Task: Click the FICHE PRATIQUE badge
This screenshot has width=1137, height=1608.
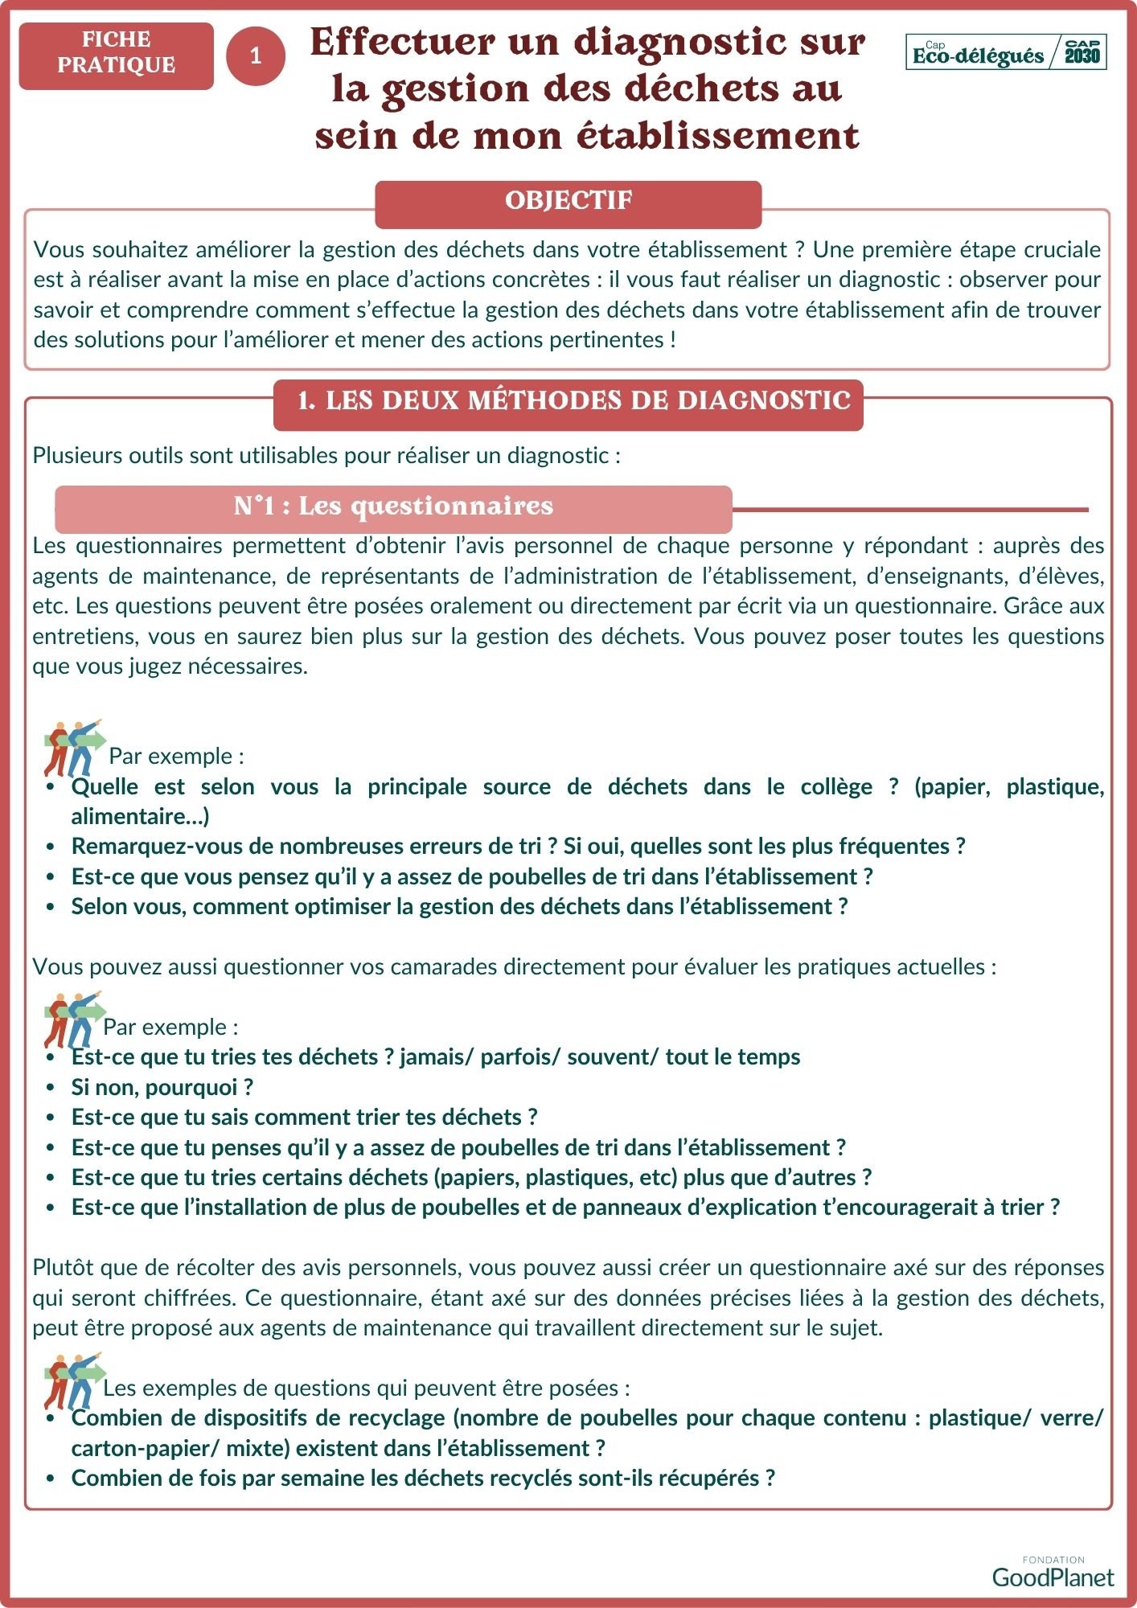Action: click(x=117, y=53)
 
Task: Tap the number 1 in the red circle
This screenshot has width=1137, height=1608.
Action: click(x=256, y=55)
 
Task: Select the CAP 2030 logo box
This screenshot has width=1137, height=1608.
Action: click(x=1082, y=52)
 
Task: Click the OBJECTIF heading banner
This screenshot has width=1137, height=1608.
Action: click(x=568, y=201)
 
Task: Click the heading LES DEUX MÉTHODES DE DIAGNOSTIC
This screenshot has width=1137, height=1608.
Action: click(x=573, y=401)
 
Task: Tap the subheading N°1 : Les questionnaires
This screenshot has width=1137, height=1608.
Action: click(x=393, y=507)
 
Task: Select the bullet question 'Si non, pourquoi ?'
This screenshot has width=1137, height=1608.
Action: click(x=162, y=1088)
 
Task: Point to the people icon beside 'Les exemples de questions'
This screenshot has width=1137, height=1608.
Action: click(x=74, y=1380)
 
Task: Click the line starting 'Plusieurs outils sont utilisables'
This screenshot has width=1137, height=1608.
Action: click(x=326, y=456)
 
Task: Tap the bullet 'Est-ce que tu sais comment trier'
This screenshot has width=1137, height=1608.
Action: click(x=304, y=1118)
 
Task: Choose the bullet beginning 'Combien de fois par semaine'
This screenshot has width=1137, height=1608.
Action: click(x=422, y=1479)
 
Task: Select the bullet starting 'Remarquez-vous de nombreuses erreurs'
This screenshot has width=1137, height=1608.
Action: click(x=518, y=847)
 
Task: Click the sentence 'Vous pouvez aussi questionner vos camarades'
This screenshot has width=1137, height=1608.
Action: click(x=514, y=967)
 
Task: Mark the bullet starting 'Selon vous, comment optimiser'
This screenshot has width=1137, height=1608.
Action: click(x=459, y=907)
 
